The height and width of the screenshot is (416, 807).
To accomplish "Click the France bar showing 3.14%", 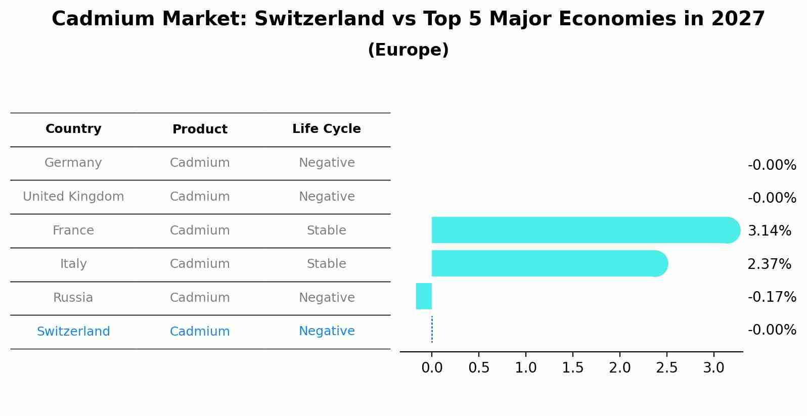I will [x=581, y=230].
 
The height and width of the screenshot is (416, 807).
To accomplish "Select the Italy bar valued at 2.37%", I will [x=546, y=263].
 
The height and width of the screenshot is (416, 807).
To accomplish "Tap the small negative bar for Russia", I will [x=424, y=296].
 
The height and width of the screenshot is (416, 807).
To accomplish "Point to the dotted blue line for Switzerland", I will [x=432, y=330].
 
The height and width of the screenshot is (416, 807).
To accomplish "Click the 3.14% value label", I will [x=769, y=231].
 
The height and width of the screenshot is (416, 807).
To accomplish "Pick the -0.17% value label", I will [x=772, y=297].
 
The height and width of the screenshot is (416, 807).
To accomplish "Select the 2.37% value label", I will [x=769, y=264].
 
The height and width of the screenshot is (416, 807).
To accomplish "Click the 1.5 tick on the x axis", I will [x=573, y=368].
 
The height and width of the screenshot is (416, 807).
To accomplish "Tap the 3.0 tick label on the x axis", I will [x=713, y=368].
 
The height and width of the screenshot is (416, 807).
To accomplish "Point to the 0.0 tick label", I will [x=432, y=368].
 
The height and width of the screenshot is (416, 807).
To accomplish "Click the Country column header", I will [x=73, y=129].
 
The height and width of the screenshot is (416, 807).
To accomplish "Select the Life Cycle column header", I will [x=327, y=129].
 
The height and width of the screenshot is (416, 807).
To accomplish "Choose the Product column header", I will [x=200, y=129].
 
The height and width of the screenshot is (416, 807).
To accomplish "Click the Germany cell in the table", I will [x=73, y=163].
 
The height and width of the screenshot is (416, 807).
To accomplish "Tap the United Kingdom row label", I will [x=73, y=197].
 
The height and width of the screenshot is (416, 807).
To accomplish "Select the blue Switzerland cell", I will [x=73, y=332].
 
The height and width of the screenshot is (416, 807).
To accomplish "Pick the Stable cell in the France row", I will [x=327, y=230].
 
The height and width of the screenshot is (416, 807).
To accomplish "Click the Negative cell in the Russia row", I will [x=327, y=298].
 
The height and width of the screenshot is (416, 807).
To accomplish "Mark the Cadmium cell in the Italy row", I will [x=200, y=264].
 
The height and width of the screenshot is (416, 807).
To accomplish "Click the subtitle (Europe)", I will [x=408, y=50].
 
